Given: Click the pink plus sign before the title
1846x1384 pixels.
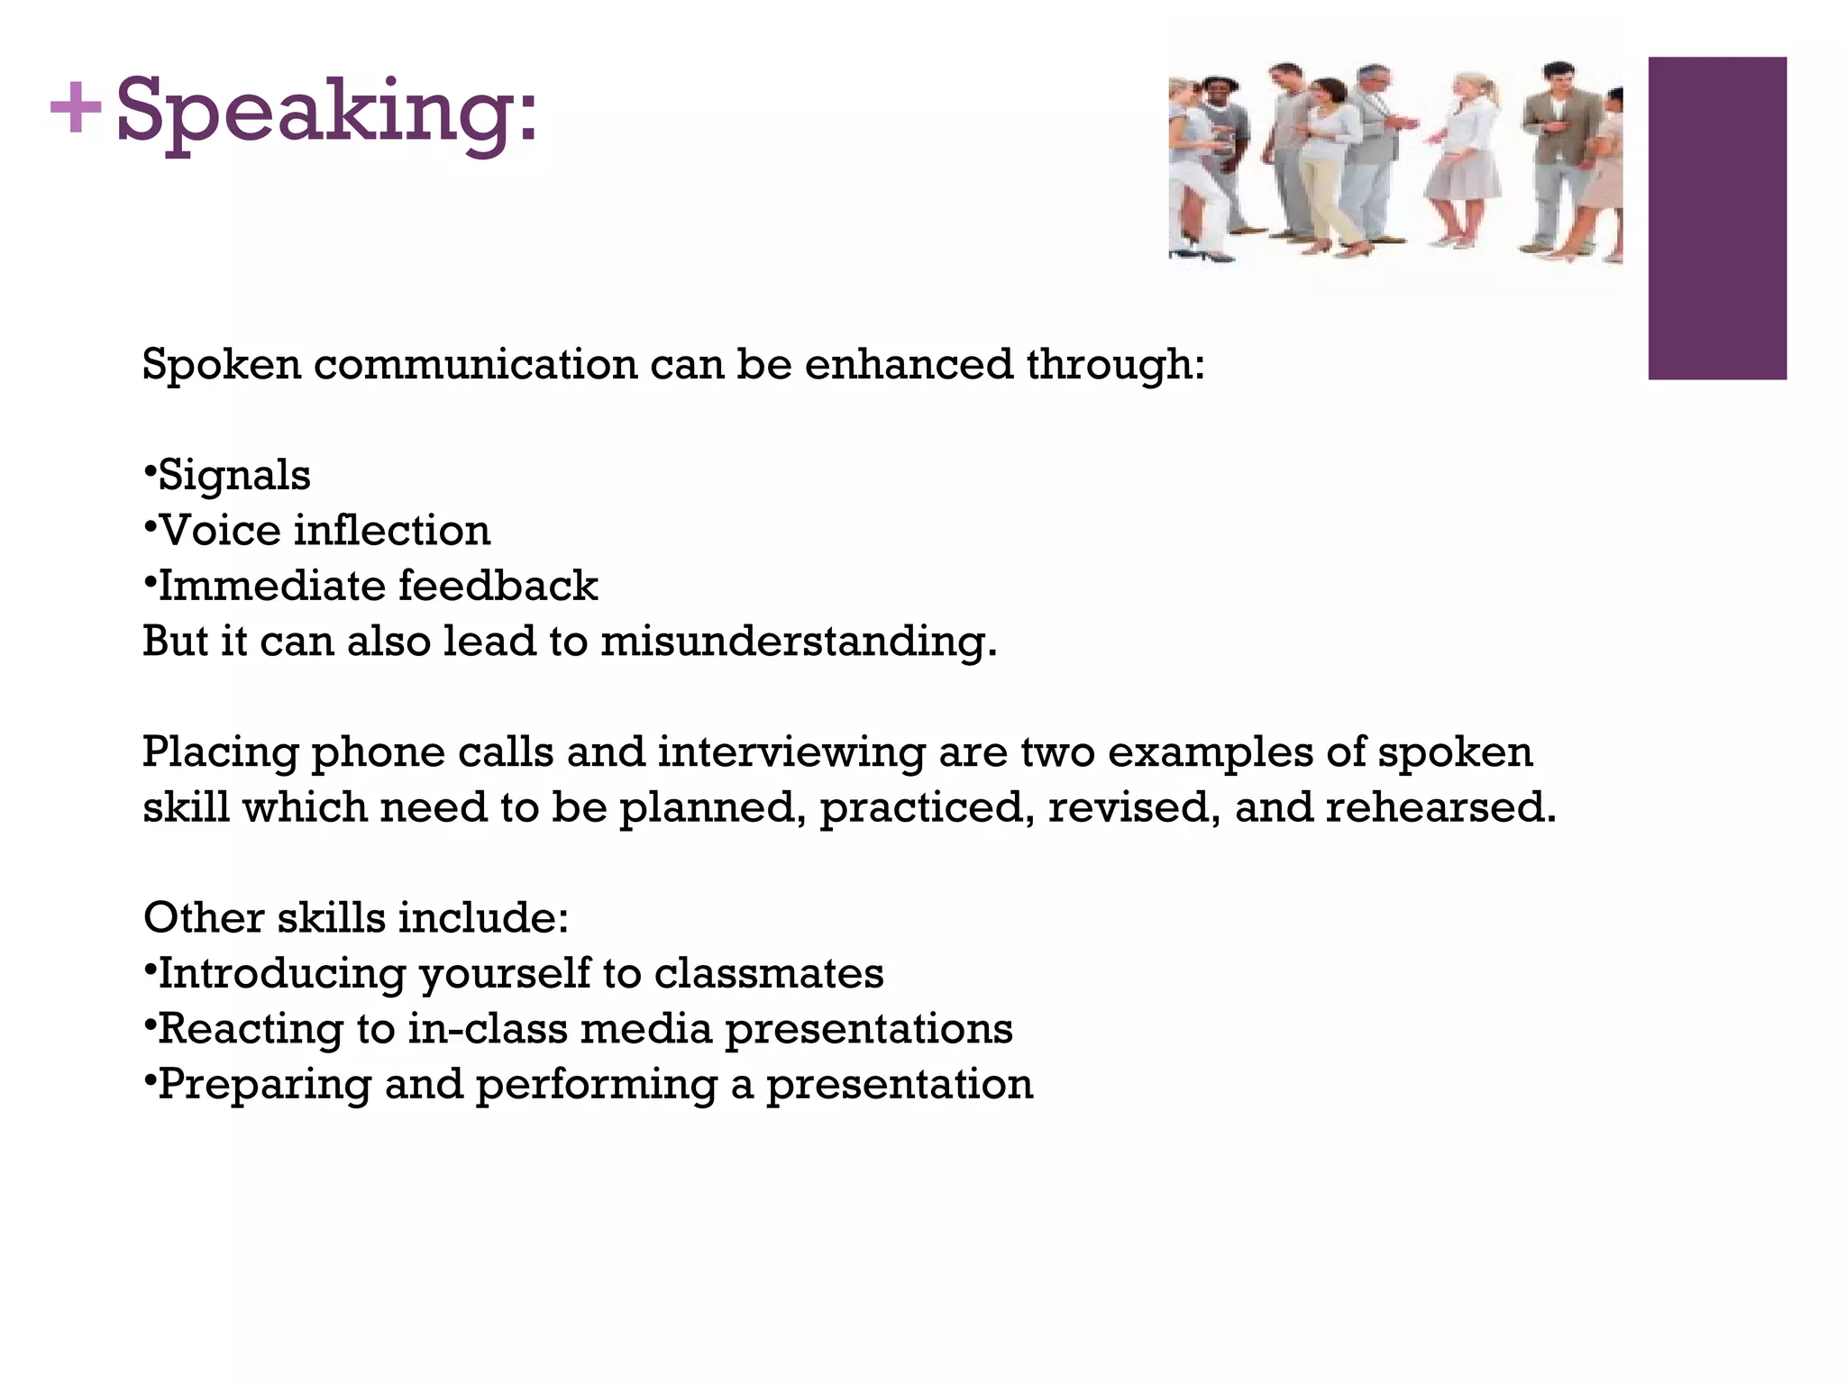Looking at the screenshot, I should (76, 109).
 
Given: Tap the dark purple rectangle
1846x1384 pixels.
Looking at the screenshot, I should (1716, 218).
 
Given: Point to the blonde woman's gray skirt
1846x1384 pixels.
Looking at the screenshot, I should (1462, 176).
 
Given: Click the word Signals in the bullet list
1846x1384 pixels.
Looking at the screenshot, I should (234, 475).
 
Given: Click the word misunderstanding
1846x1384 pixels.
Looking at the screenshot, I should (799, 642).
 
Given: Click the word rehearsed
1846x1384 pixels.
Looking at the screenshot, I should (1440, 807).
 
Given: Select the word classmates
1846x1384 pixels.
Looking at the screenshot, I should (769, 973).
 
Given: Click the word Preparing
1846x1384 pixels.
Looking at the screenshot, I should (264, 1085).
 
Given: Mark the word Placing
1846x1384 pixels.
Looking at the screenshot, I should (220, 752).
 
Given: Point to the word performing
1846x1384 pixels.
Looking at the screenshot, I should (596, 1085).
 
